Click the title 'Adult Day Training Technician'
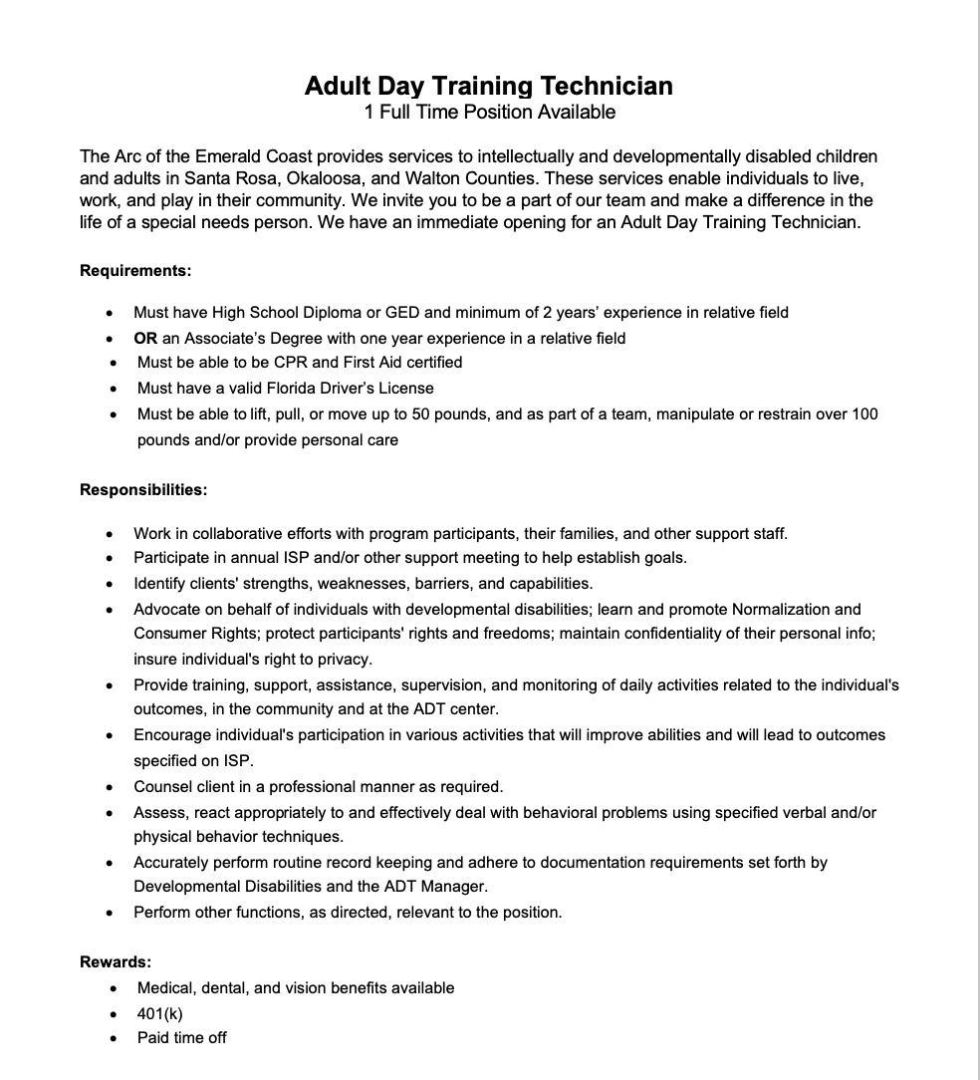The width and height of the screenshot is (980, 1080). pos(489,86)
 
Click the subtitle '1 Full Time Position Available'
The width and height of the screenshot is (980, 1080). pos(489,112)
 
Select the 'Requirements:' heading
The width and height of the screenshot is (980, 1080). pos(135,270)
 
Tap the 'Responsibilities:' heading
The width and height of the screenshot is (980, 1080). pos(143,489)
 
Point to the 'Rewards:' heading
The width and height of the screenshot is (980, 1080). pos(116,961)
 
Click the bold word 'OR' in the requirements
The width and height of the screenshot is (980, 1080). pos(145,338)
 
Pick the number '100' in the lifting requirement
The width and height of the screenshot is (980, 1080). pos(864,413)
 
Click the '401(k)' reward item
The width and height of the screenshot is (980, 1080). pos(160,1013)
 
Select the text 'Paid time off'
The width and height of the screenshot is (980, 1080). pos(182,1037)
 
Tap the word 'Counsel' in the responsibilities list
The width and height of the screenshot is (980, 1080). pos(163,786)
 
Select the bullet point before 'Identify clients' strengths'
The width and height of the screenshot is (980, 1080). pos(110,584)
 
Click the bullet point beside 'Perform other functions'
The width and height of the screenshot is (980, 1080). pos(110,913)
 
